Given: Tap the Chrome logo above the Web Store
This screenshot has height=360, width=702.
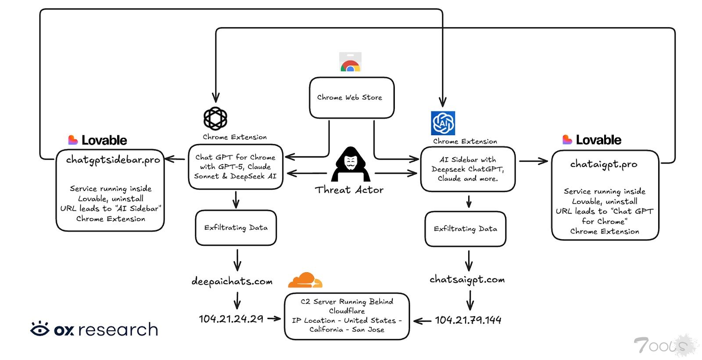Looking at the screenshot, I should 350,62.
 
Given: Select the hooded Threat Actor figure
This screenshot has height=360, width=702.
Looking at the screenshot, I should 351,165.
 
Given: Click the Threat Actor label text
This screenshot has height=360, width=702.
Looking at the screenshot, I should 349,190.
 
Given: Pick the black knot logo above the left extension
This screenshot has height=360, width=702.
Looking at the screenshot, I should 215,119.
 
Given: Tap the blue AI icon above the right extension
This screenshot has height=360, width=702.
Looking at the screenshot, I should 443,123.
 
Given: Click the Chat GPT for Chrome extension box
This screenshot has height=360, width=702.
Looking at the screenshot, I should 236,167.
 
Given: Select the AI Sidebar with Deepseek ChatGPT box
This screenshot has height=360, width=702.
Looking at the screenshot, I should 468,169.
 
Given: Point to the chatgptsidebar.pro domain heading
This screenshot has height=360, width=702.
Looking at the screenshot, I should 113,160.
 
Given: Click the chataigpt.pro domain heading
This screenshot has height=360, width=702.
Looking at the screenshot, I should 604,164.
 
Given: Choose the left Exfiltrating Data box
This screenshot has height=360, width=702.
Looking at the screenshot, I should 236,227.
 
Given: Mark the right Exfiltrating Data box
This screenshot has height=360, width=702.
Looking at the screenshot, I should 466,229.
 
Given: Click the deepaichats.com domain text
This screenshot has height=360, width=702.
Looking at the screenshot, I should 232,281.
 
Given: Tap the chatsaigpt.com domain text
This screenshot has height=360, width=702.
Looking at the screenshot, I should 467,280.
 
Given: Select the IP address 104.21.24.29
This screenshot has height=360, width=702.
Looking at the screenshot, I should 231,319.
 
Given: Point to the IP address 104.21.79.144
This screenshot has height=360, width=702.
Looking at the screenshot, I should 468,320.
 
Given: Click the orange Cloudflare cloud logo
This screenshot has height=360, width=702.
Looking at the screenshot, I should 305,280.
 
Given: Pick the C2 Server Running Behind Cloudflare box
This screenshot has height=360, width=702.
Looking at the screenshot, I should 347,316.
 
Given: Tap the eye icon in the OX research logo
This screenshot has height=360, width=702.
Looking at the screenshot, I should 40,329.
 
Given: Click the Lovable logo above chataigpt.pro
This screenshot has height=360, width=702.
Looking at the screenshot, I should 592,140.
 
